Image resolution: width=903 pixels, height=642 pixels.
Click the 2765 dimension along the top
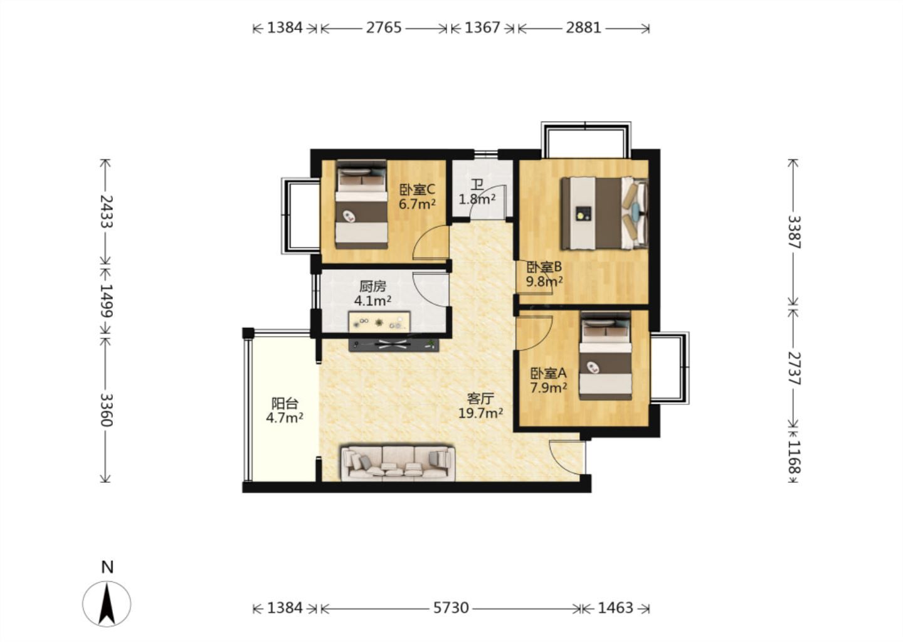(x=384, y=28)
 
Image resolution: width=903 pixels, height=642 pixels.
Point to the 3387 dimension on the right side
(x=794, y=232)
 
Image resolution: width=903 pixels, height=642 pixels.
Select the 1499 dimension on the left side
(x=106, y=301)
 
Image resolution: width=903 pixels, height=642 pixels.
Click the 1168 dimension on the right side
(x=794, y=457)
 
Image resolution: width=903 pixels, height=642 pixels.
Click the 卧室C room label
(x=417, y=189)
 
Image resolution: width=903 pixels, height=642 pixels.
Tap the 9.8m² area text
(x=544, y=282)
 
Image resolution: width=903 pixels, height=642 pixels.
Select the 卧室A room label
(x=548, y=373)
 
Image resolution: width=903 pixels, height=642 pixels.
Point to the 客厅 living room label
(x=480, y=399)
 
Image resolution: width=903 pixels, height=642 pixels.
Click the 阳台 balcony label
(x=285, y=403)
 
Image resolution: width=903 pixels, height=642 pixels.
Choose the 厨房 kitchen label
(x=372, y=287)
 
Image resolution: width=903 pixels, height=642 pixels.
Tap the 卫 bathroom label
(x=477, y=185)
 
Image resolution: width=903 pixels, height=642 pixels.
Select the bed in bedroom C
(x=362, y=204)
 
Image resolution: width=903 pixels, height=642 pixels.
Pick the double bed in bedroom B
(x=605, y=213)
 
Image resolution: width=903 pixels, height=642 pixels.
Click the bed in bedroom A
(x=606, y=355)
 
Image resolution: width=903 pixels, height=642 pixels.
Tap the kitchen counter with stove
(x=379, y=322)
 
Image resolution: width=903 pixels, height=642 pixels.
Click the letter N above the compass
(x=107, y=567)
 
